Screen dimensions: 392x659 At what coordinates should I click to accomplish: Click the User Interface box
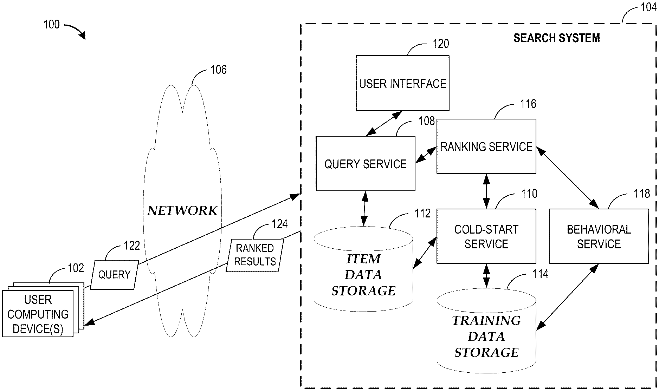[x=402, y=83]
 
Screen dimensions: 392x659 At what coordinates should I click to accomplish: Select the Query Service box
[x=365, y=164]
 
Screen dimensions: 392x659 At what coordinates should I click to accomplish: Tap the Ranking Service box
[x=486, y=146]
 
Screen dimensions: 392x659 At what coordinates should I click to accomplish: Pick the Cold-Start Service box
[x=486, y=236]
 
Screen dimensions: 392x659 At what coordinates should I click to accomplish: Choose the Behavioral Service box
[x=599, y=236]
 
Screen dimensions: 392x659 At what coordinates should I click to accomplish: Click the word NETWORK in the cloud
[x=182, y=210]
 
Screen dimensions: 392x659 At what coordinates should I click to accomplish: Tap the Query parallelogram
[x=114, y=275]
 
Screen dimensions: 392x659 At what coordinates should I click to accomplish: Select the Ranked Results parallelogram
[x=255, y=255]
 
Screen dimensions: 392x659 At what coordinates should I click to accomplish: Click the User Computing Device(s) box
[x=38, y=314]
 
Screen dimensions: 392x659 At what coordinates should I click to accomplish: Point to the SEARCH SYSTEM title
[x=556, y=38]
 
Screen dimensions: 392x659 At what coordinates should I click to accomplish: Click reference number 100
[x=51, y=25]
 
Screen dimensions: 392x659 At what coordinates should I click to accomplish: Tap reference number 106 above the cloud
[x=218, y=70]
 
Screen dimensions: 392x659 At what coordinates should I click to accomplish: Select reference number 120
[x=440, y=44]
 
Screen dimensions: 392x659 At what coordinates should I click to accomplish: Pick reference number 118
[x=641, y=194]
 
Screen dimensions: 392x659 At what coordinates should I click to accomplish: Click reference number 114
[x=540, y=274]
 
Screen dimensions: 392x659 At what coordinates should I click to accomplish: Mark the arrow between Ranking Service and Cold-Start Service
[x=486, y=191]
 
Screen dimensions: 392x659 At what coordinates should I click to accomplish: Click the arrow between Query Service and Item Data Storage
[x=364, y=208]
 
